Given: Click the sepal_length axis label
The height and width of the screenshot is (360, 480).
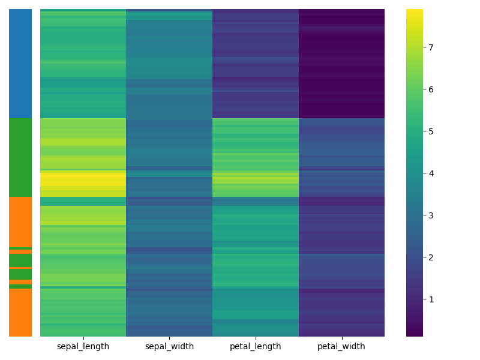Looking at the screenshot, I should [83, 346].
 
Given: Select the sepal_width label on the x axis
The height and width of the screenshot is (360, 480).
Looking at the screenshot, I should [169, 346].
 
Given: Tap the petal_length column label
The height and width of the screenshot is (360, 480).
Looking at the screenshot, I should [255, 346].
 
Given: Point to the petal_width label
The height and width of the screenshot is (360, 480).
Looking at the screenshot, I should [341, 346].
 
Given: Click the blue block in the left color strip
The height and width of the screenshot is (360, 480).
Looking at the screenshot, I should [20, 64].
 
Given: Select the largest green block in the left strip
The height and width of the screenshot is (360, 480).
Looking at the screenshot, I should [20, 157].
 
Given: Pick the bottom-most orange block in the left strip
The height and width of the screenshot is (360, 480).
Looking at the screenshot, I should [20, 312].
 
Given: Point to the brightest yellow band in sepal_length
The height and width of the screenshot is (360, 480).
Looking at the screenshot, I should [83, 178].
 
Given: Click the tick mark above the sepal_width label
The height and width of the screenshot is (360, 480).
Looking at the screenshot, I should [169, 338].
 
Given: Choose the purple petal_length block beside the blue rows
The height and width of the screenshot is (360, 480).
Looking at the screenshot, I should [255, 64].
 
